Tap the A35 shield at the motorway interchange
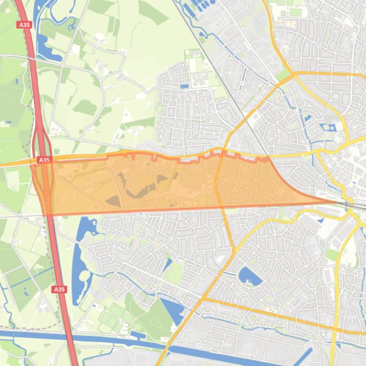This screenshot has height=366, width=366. [x=44, y=160]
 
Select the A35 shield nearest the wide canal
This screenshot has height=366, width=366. [x=59, y=289]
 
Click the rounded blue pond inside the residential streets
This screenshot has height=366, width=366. [x=249, y=276]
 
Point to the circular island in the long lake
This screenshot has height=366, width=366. [x=85, y=275]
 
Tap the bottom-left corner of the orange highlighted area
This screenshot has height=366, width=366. [x=45, y=214]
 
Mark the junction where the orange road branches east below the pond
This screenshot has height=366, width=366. [x=203, y=299]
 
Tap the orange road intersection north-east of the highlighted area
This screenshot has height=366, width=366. [x=295, y=75]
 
